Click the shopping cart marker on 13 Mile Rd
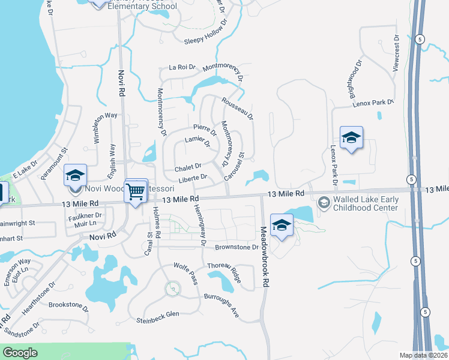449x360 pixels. click(x=136, y=191)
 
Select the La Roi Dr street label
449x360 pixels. click(x=182, y=67)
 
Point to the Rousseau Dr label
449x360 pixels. click(x=238, y=109)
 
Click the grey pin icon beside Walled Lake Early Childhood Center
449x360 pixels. click(x=324, y=202)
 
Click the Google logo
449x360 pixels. click(x=20, y=352)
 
